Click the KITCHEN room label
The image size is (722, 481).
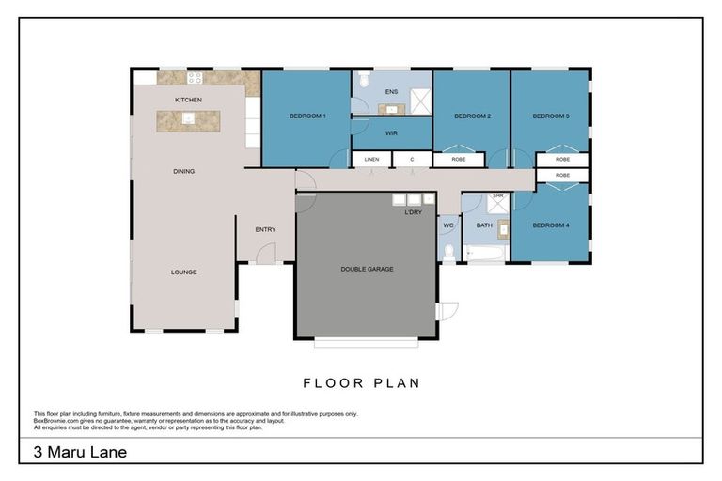(188, 100)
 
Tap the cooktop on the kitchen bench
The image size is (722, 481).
(196, 79)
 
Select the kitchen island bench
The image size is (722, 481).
(188, 120)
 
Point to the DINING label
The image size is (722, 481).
(183, 171)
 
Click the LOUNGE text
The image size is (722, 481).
(183, 272)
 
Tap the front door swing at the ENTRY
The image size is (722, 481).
(266, 252)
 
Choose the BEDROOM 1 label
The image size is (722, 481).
(306, 116)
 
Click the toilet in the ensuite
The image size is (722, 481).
(363, 78)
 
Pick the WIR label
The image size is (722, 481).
(391, 133)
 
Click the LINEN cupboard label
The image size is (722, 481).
(371, 160)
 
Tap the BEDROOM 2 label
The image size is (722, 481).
(472, 116)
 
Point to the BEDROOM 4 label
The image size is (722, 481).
(550, 225)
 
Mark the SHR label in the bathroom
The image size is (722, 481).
(498, 196)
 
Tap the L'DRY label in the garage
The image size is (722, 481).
(413, 213)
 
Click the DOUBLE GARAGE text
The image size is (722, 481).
(367, 269)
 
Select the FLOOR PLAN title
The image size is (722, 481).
(361, 382)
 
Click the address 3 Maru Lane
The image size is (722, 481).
(80, 452)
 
